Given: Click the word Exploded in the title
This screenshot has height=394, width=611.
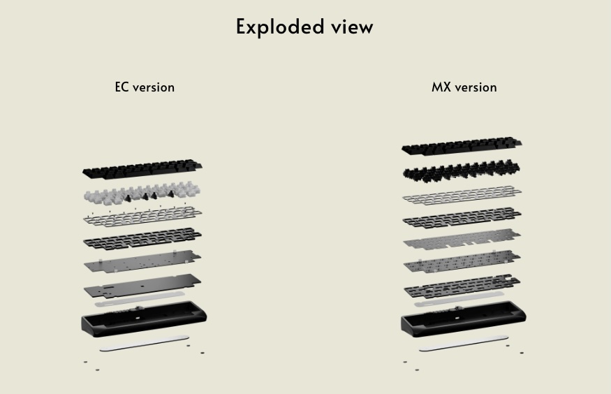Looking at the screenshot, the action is coord(280,27).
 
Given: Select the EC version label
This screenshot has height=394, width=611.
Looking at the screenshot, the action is coord(145,87).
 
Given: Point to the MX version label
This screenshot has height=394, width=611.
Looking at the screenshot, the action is coord(464,87).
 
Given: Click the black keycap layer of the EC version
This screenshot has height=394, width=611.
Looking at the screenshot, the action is coord(142,169).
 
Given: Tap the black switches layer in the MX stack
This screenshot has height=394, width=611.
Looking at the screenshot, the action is coord(462,170).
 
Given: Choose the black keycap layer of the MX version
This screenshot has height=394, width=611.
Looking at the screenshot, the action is coord(462,146).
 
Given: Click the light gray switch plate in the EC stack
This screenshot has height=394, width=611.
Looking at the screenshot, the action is coord(142,216).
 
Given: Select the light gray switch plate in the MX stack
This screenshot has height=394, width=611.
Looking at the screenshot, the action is coord(462,195).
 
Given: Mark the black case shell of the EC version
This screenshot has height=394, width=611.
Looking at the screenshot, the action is coord(144,319).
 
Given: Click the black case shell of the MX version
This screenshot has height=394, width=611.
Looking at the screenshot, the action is coord(464,319).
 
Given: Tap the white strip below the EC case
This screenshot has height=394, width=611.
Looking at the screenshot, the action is coord(145,343).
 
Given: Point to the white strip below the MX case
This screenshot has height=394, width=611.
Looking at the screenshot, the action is coord(464,343).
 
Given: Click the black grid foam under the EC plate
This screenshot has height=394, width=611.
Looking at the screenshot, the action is coord(142,238).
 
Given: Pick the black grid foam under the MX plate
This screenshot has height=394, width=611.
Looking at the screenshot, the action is coord(462,217).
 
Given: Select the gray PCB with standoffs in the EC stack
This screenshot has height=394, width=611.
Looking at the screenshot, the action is coord(142,261).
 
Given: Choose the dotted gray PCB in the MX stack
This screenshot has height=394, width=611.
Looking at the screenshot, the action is coord(462,261).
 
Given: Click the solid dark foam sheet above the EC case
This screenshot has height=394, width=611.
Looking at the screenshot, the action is coord(142,286).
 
